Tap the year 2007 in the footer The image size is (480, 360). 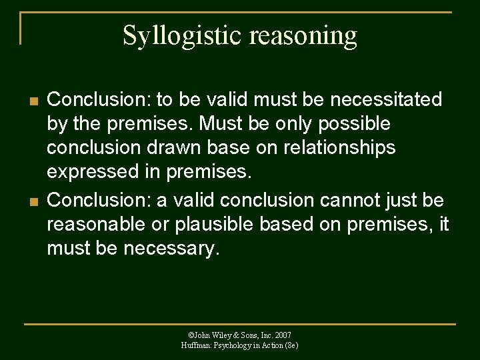[283, 335]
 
